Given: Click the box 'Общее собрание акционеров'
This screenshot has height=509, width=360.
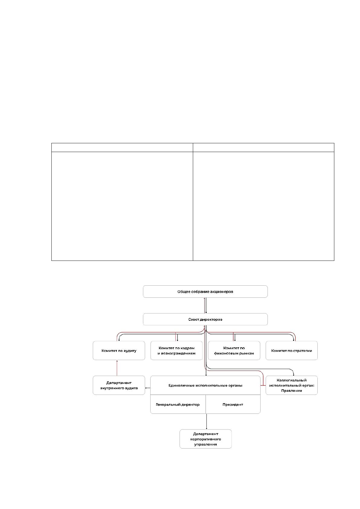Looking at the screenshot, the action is (x=205, y=291).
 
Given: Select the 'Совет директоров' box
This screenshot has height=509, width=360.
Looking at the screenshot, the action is (x=205, y=319).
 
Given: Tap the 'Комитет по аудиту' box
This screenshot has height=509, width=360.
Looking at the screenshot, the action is (x=119, y=350).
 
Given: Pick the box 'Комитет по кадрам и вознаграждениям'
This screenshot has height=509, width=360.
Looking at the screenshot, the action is (x=176, y=350).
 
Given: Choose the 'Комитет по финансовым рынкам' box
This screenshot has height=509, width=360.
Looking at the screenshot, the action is (x=234, y=350).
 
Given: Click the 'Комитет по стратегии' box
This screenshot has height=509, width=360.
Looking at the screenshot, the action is (x=292, y=350).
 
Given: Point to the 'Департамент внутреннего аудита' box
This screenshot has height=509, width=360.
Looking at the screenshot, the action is (x=119, y=385).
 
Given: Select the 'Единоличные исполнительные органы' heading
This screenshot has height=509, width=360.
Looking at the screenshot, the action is (x=205, y=385).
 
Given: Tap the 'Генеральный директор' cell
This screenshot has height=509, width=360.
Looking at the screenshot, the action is (x=178, y=404).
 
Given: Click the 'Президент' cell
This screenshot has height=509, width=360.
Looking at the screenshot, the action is (x=233, y=404).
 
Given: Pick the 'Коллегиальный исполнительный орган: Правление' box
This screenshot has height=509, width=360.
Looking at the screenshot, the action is (x=292, y=385).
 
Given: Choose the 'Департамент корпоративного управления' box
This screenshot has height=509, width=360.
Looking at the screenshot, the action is (x=206, y=439).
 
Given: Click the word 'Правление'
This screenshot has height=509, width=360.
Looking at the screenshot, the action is (x=292, y=391).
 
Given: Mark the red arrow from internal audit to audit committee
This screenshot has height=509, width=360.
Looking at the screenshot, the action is (x=117, y=368).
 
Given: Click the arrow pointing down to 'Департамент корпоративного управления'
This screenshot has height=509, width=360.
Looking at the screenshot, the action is (x=206, y=422).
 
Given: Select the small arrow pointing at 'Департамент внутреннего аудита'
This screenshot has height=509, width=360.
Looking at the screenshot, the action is (x=148, y=388).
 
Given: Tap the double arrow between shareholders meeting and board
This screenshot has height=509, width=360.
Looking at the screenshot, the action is (x=205, y=305).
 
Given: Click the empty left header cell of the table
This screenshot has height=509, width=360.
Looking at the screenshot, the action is (x=122, y=148).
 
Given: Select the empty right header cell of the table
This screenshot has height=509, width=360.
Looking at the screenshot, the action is (x=263, y=148).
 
